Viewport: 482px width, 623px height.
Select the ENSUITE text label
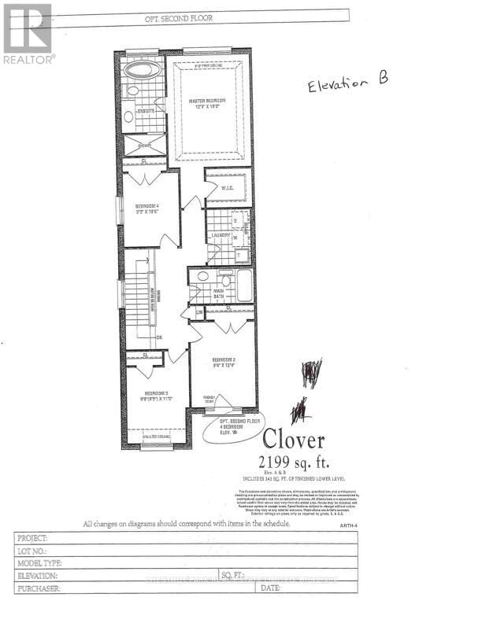pyautogui.click(x=146, y=111)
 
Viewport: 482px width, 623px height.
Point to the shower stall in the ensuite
pyautogui.click(x=145, y=145)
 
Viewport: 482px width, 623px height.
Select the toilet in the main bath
pyautogui.click(x=226, y=280)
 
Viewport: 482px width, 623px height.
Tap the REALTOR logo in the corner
pyautogui.click(x=28, y=33)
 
